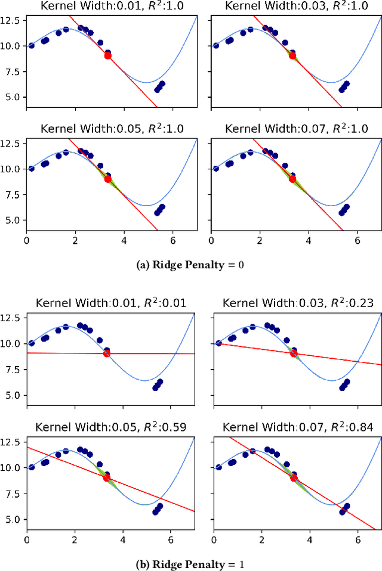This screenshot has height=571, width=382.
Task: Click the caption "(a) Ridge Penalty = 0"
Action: [191, 265]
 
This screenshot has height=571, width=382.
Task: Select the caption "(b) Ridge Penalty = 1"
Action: [191, 563]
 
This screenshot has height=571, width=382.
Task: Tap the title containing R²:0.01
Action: [110, 303]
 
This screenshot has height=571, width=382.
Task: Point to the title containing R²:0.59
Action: [110, 427]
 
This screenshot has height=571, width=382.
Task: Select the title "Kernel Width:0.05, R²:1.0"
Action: [109, 129]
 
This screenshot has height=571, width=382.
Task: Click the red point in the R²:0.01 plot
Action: [107, 353]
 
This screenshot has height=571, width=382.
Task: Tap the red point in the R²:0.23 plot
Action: [293, 353]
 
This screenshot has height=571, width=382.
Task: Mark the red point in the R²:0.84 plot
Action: [293, 477]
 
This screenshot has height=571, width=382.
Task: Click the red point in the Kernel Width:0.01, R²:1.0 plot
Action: [107, 55]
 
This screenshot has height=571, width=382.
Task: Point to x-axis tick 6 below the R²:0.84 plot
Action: [358, 540]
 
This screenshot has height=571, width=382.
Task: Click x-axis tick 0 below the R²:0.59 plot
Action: [27, 540]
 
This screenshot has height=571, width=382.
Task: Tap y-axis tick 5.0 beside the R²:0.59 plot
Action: [14, 519]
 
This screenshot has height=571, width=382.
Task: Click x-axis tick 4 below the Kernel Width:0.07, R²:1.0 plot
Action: [309, 241]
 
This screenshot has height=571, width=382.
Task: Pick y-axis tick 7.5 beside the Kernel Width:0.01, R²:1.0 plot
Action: [14, 72]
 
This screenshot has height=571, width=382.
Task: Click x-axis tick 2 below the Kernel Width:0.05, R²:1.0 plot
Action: [75, 241]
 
